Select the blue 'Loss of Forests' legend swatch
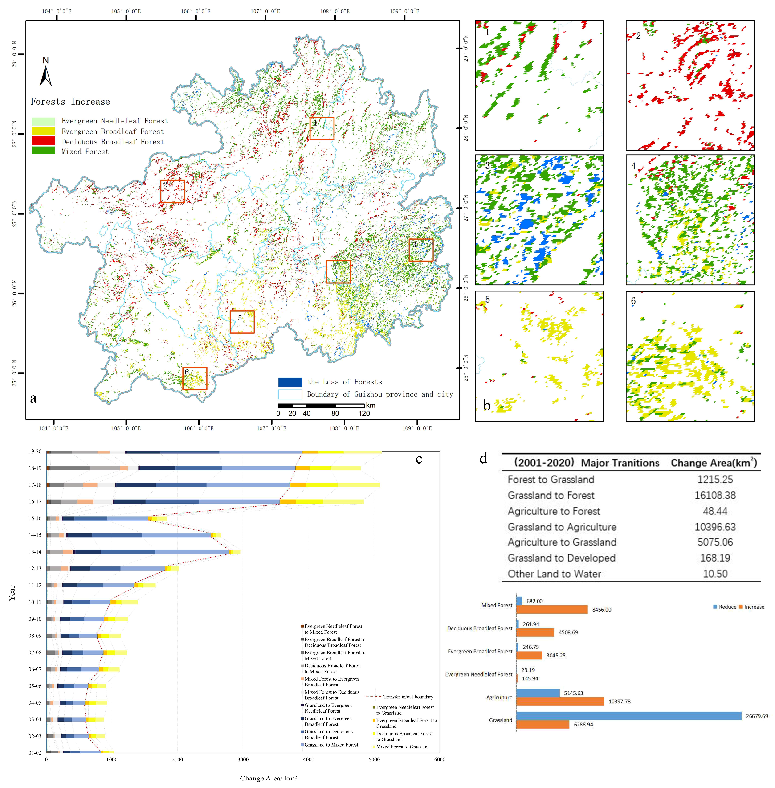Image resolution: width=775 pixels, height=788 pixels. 290,382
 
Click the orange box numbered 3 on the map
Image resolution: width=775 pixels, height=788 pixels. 421,250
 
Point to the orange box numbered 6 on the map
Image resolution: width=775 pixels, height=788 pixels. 195,378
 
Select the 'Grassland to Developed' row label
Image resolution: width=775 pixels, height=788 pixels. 561,558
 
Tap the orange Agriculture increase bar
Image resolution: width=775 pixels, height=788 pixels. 560,701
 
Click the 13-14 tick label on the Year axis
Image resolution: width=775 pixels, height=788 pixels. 35,552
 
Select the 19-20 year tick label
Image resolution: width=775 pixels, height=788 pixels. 35,451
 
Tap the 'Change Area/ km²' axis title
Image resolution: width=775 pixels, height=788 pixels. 268,778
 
